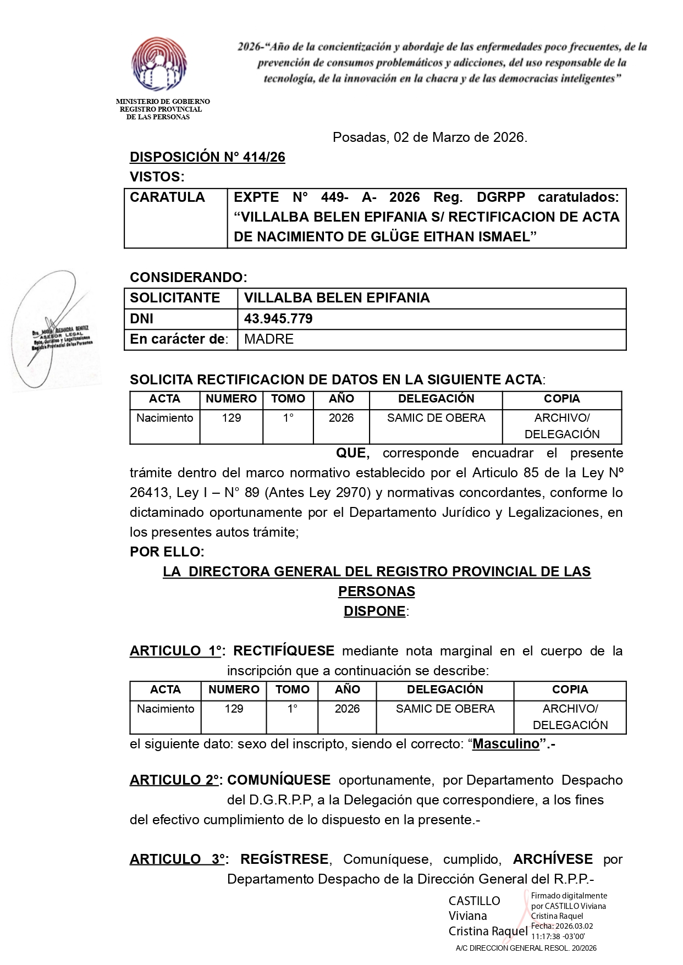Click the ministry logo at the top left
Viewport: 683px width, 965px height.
pyautogui.click(x=158, y=65)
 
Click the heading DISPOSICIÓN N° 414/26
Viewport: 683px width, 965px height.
pyautogui.click(x=207, y=157)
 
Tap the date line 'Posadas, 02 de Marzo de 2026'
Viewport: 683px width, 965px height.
pyautogui.click(x=429, y=137)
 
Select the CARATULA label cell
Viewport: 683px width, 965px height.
pyautogui.click(x=167, y=197)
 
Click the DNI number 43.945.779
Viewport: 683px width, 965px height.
pyautogui.click(x=278, y=319)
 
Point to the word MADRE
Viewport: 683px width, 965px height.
pyautogui.click(x=269, y=339)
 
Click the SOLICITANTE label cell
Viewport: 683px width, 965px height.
pyautogui.click(x=175, y=298)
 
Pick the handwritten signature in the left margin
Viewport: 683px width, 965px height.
pyautogui.click(x=52, y=330)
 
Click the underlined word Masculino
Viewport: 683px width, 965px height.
pyautogui.click(x=506, y=744)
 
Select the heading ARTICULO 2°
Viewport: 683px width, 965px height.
pyautogui.click(x=175, y=780)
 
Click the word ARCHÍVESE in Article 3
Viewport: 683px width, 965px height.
pyautogui.click(x=553, y=859)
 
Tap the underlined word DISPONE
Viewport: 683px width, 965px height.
pyautogui.click(x=374, y=611)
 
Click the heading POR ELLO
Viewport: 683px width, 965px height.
pyautogui.click(x=167, y=552)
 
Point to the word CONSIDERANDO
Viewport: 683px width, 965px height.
pyautogui.click(x=188, y=277)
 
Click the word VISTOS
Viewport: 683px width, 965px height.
pyautogui.click(x=157, y=177)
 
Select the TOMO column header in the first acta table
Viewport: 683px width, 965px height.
pyautogui.click(x=288, y=399)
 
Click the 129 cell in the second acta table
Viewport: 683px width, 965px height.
pyautogui.click(x=234, y=709)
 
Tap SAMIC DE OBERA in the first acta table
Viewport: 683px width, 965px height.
pyautogui.click(x=436, y=418)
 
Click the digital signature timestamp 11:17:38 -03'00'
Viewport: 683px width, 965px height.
pyautogui.click(x=558, y=936)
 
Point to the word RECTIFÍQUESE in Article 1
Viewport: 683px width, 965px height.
pyautogui.click(x=284, y=651)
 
